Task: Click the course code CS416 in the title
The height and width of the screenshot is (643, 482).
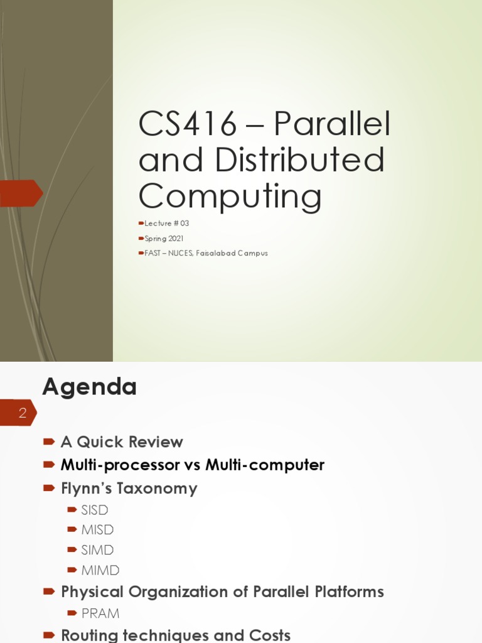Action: (188, 124)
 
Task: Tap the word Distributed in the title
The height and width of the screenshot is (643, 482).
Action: (299, 160)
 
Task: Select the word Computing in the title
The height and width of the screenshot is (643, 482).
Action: (230, 196)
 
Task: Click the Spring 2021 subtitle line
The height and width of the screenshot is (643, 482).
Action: (164, 239)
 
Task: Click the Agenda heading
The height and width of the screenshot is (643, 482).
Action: (89, 387)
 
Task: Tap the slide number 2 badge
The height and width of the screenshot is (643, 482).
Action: (22, 413)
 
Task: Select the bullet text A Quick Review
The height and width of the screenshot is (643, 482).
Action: (122, 442)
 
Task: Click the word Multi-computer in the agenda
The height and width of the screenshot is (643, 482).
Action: (264, 465)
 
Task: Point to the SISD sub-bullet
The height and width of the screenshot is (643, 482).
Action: (95, 510)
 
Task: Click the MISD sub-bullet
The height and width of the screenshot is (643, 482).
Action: (97, 530)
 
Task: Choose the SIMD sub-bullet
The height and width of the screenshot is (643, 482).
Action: (97, 550)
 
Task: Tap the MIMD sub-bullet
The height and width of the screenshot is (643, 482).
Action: (100, 571)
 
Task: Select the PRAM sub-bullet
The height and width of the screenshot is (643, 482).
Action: (100, 613)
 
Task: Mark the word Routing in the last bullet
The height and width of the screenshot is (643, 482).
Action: (90, 635)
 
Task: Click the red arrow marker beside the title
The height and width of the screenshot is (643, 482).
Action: (21, 193)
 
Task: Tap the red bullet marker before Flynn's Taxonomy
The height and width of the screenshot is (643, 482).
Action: (49, 489)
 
